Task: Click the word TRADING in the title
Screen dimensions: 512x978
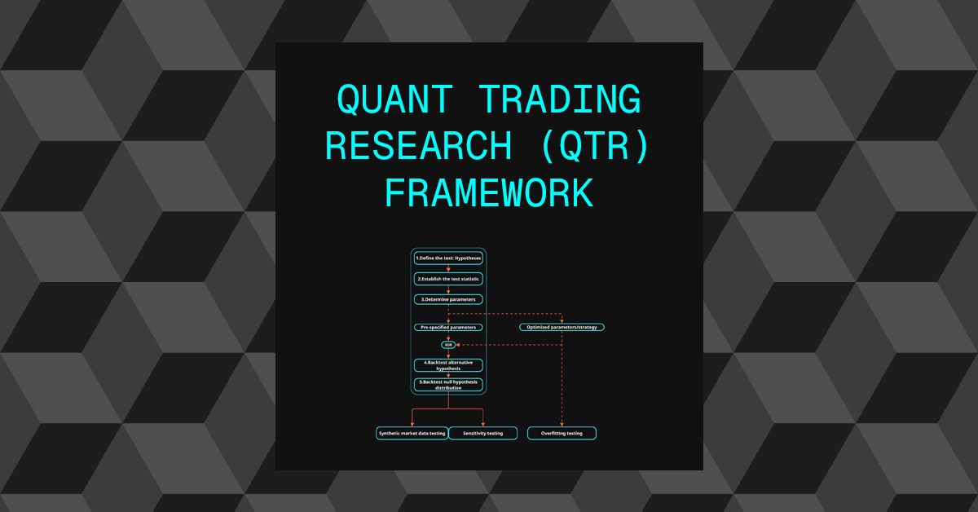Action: point(559,99)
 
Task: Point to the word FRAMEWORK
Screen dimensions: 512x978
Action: point(489,193)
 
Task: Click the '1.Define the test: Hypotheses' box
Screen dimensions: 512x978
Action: point(448,258)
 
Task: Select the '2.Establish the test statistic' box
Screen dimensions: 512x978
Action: point(448,279)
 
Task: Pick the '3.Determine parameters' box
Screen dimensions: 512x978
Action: point(448,299)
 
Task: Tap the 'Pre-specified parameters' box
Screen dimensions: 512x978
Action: point(448,327)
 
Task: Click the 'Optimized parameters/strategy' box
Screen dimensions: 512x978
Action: point(562,327)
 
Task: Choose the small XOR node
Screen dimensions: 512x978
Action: point(448,345)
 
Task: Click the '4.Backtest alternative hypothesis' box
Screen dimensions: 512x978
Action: point(448,364)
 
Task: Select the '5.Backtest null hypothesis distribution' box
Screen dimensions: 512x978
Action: point(448,384)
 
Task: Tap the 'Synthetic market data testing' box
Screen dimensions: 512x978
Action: point(412,433)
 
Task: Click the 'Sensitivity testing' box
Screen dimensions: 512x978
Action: point(483,433)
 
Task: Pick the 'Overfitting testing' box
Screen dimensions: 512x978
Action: point(562,433)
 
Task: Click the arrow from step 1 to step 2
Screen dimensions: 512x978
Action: point(448,268)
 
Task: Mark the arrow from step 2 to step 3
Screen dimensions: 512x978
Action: point(448,289)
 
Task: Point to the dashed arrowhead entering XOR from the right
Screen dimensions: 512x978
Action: point(459,345)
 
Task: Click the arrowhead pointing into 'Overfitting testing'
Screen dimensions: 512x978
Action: point(562,424)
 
